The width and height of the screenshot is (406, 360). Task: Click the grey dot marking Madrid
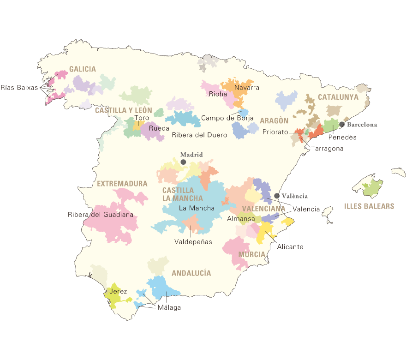[x=183, y=162]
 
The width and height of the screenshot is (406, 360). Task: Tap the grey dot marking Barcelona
[x=342, y=124]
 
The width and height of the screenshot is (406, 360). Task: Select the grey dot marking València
[x=277, y=196]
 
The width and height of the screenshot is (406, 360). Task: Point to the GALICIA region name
[x=83, y=69]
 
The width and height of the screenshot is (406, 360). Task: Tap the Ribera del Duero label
[x=199, y=135]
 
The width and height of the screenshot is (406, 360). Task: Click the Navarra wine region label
[x=247, y=87]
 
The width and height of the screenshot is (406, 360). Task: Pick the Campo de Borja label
[x=227, y=118]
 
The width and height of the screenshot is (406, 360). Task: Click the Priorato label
[x=275, y=132]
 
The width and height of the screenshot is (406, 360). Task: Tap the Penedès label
[x=342, y=137]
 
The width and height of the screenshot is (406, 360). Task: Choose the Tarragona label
[x=328, y=149]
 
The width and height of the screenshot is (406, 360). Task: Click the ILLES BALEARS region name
[x=369, y=206]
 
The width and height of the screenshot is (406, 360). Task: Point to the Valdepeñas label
[x=193, y=241]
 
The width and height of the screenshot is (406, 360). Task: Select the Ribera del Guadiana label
[x=100, y=215]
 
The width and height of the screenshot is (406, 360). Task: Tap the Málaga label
[x=169, y=308]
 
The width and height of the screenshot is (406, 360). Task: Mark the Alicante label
[x=290, y=246]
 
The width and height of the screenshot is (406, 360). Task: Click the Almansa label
[x=241, y=218]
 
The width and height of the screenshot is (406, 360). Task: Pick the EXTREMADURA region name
[x=122, y=184]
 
